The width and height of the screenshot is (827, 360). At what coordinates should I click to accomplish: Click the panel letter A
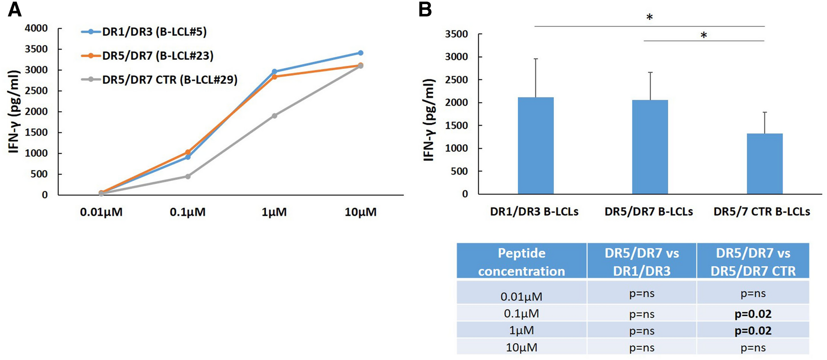tap(15, 9)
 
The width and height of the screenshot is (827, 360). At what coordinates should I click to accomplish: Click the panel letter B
tap(425, 9)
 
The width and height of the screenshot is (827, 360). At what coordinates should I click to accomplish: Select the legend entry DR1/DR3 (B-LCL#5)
tap(154, 32)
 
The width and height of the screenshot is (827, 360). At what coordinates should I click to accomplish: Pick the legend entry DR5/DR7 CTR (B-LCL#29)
tap(169, 80)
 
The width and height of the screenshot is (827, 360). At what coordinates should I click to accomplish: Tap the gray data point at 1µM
tap(274, 116)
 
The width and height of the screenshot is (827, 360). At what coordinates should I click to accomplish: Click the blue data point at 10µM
tap(361, 53)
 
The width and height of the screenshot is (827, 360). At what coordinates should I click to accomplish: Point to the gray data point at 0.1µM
tap(188, 176)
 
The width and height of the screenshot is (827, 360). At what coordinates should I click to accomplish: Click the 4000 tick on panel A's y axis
tap(37, 28)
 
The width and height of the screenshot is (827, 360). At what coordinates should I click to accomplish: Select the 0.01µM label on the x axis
tap(101, 212)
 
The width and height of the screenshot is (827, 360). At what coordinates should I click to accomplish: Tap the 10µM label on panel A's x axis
tap(361, 212)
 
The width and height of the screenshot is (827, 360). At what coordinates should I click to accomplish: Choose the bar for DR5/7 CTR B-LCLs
tap(764, 164)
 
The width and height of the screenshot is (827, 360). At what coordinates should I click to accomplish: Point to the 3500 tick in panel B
tap(456, 34)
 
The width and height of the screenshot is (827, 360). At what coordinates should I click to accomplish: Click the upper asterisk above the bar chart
tap(649, 17)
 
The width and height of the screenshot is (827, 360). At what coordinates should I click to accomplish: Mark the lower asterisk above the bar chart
tap(704, 35)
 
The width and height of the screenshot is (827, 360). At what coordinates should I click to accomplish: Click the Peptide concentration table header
tap(521, 262)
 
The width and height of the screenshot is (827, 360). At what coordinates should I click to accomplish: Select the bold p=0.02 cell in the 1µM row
tap(753, 330)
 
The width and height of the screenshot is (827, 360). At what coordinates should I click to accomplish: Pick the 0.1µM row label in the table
tap(521, 314)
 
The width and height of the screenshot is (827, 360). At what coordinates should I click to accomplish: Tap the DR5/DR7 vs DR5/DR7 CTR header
tap(753, 262)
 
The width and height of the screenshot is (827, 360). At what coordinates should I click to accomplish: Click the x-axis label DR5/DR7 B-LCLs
tap(649, 212)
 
